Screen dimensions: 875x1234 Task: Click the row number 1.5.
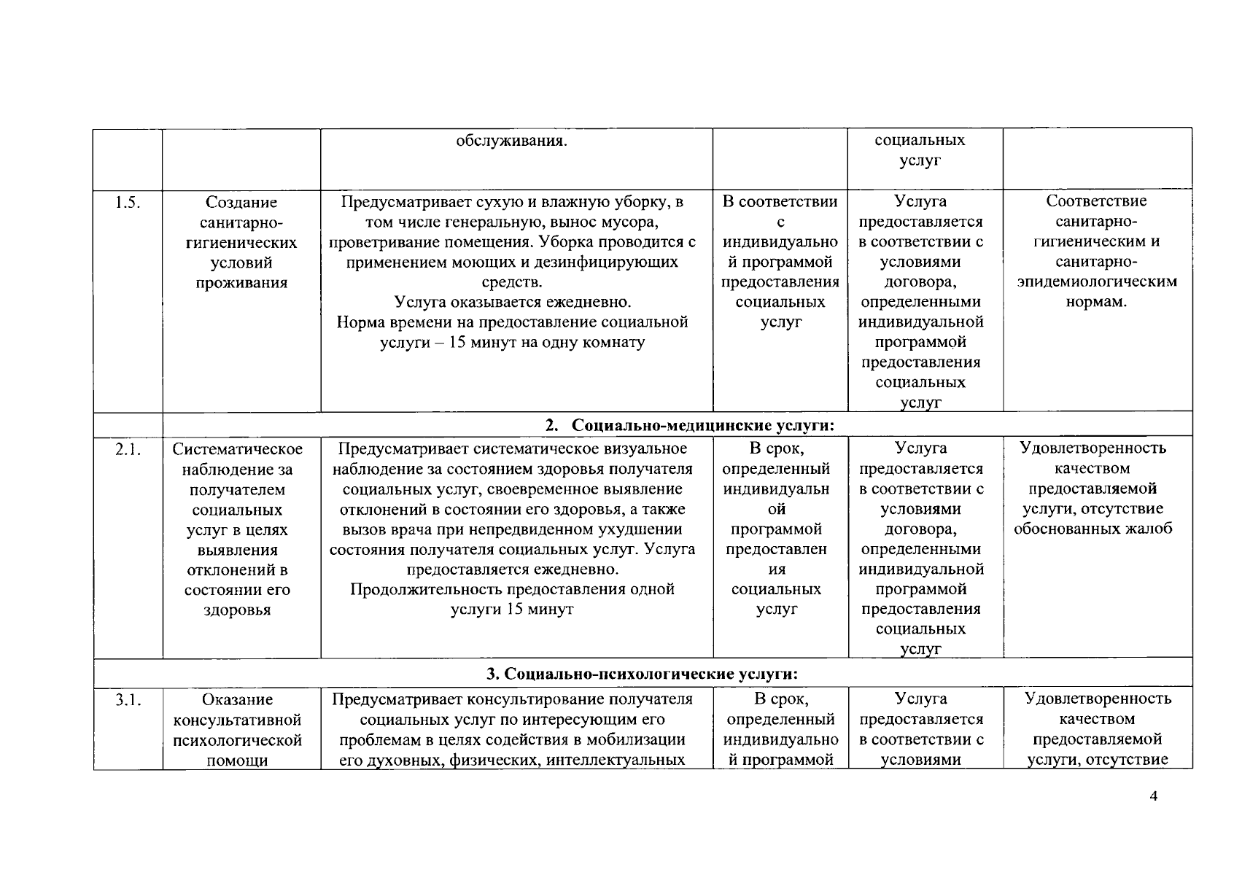tap(127, 203)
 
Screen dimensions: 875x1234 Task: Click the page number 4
tap(1153, 796)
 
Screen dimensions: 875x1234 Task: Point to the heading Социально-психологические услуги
tap(643, 673)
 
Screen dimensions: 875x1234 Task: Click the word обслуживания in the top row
tap(512, 141)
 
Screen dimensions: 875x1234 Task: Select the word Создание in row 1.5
tap(241, 203)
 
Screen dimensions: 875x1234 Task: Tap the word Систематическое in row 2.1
tap(238, 449)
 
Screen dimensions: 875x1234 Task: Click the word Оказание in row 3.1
tap(238, 700)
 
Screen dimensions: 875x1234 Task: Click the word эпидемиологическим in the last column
tap(1097, 281)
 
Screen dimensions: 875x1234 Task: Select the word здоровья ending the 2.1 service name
tap(237, 610)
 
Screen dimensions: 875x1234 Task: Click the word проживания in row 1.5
tap(241, 283)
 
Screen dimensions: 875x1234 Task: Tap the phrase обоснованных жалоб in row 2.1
tap(1093, 529)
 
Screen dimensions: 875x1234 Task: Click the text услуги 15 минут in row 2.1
tap(512, 609)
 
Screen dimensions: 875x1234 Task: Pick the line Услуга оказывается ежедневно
tap(512, 302)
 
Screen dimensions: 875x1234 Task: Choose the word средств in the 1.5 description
tap(512, 282)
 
